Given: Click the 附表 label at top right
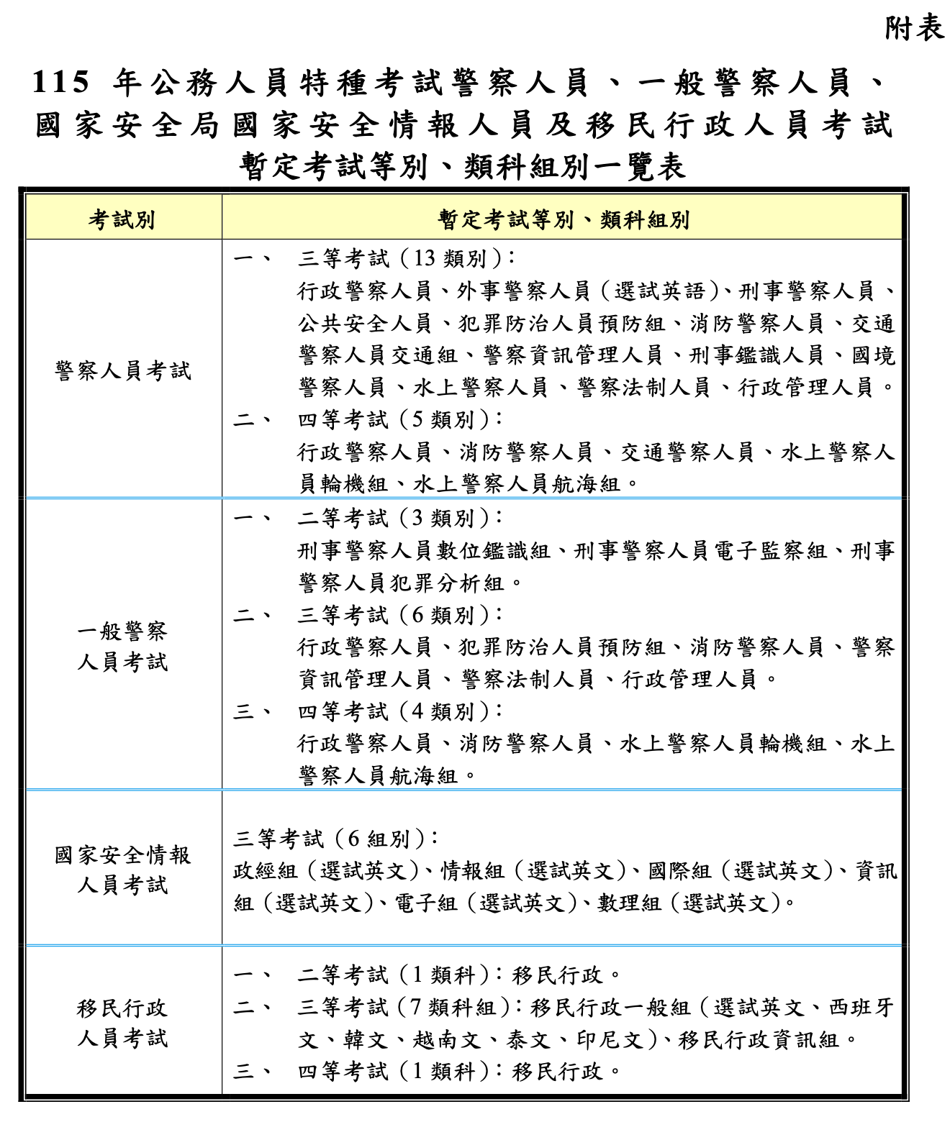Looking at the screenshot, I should [913, 28].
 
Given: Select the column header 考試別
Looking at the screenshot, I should [122, 219].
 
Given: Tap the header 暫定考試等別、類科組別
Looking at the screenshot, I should [564, 219].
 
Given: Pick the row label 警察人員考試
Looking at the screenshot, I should [123, 371].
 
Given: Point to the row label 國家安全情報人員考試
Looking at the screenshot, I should [123, 870].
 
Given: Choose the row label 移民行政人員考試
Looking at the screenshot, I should [123, 1023].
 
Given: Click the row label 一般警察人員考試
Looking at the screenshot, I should [123, 647].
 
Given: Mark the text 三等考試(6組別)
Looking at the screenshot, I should [336, 839].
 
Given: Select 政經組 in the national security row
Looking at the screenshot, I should [266, 871].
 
